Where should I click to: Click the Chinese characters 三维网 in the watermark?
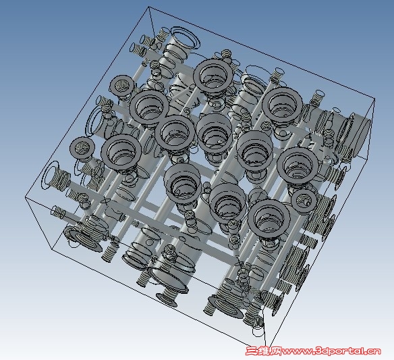(x=264, y=351)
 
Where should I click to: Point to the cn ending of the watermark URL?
(x=374, y=351)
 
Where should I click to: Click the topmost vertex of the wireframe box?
(x=149, y=7)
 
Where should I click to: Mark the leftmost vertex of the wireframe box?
(x=26, y=198)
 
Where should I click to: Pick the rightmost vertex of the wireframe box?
(x=374, y=99)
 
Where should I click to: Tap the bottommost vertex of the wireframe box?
(x=265, y=346)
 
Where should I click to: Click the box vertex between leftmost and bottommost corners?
(x=53, y=249)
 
